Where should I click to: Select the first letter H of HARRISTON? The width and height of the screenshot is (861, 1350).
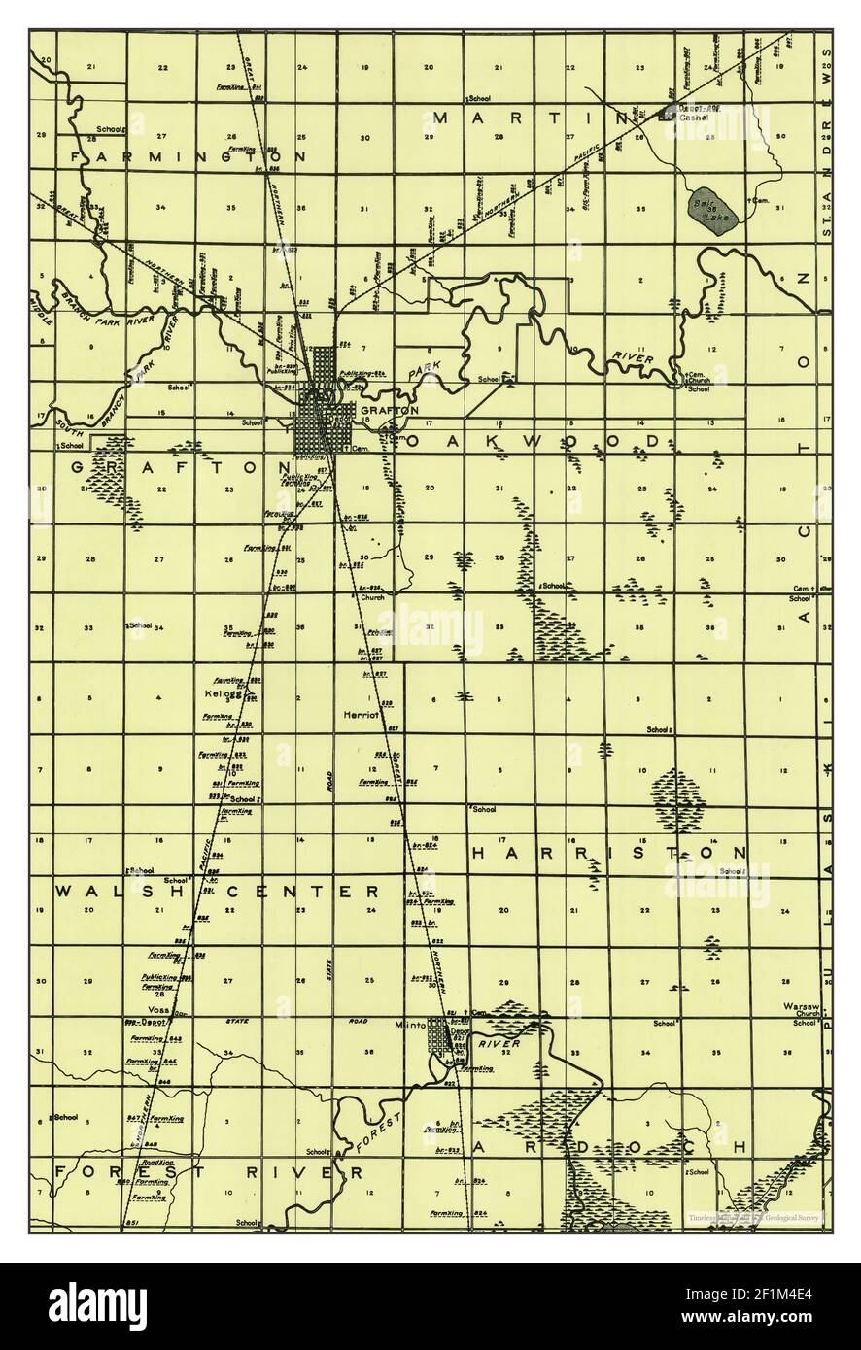click(478, 852)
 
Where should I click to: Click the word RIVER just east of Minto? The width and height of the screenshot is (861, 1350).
click(501, 1043)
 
